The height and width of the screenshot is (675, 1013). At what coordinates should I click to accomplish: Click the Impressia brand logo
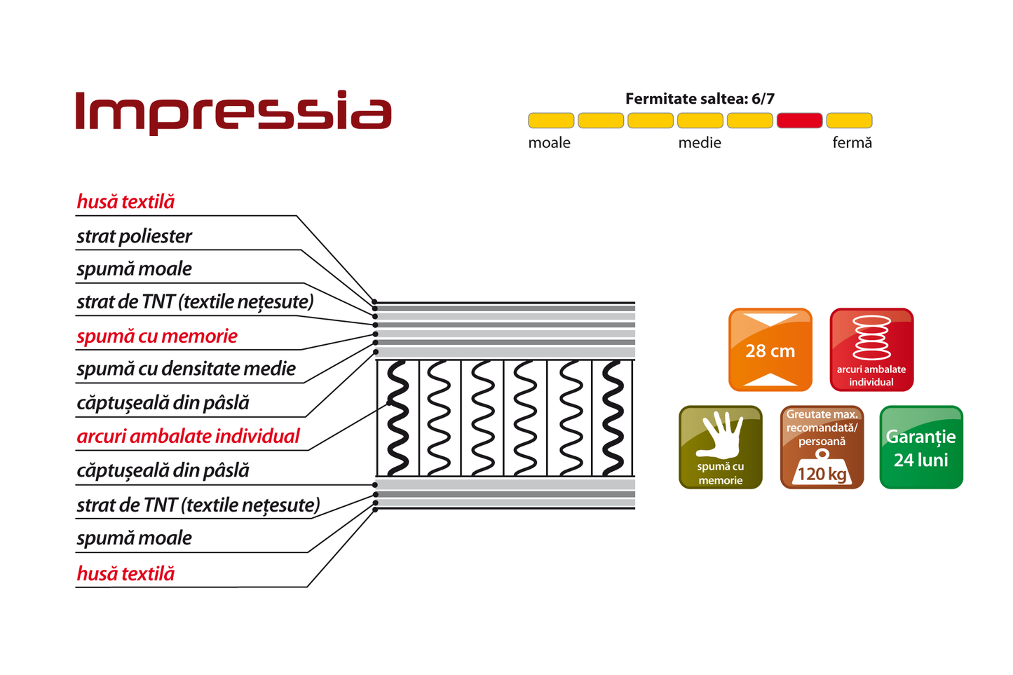click(233, 111)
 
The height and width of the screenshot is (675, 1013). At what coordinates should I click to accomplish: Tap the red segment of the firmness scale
click(799, 121)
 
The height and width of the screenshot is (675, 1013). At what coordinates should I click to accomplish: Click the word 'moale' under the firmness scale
click(549, 143)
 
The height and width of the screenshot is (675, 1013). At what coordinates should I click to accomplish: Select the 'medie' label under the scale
click(700, 143)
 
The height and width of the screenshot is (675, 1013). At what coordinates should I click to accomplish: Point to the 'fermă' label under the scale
click(852, 143)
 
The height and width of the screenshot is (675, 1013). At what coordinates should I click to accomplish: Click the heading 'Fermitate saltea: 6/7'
click(700, 99)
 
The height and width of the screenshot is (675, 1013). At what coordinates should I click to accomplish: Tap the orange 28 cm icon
click(770, 350)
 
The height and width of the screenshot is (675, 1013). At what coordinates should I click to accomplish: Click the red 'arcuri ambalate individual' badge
click(871, 350)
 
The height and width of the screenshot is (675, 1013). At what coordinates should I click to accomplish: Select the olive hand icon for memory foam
click(721, 447)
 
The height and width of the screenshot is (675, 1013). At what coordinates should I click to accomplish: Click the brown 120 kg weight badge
click(822, 447)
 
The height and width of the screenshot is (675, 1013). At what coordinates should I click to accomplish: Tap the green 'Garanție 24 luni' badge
click(921, 447)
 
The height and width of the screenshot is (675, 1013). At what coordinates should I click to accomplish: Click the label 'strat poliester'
click(134, 236)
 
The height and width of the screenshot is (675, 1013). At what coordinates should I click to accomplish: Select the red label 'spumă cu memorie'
click(157, 336)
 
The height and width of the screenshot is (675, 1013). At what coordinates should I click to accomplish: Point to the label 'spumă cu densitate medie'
click(186, 369)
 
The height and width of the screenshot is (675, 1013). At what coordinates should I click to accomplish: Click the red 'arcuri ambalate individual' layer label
click(188, 436)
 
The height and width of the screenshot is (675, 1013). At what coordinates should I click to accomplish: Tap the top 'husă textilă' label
click(125, 202)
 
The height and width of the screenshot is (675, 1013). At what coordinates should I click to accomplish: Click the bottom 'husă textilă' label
click(125, 573)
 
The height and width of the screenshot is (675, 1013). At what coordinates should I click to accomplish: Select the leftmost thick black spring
click(397, 418)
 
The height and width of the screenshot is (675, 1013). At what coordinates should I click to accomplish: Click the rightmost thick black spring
click(613, 418)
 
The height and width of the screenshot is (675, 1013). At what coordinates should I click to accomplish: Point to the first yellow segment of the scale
click(551, 121)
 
